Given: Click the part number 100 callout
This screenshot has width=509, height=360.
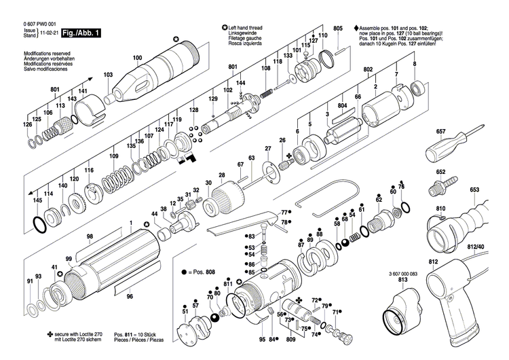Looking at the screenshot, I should [138, 58].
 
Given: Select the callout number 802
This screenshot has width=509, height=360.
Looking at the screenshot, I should [369, 70].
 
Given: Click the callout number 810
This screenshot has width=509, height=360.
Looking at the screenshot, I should [441, 209].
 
